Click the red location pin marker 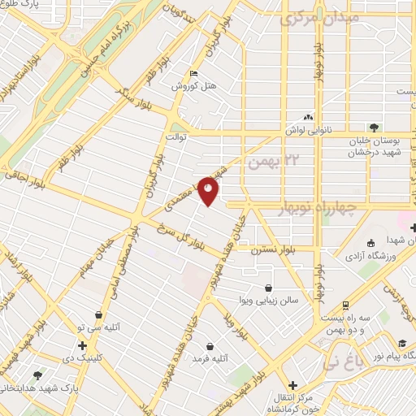(x=209, y=191)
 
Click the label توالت (x=177, y=136)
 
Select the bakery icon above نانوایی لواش (x=308, y=118)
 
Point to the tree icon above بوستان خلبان (x=373, y=127)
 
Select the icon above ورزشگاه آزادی (x=371, y=244)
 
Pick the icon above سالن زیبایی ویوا (x=268, y=288)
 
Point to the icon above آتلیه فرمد (x=210, y=345)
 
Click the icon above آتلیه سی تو (x=98, y=314)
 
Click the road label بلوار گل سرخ (x=179, y=237)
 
